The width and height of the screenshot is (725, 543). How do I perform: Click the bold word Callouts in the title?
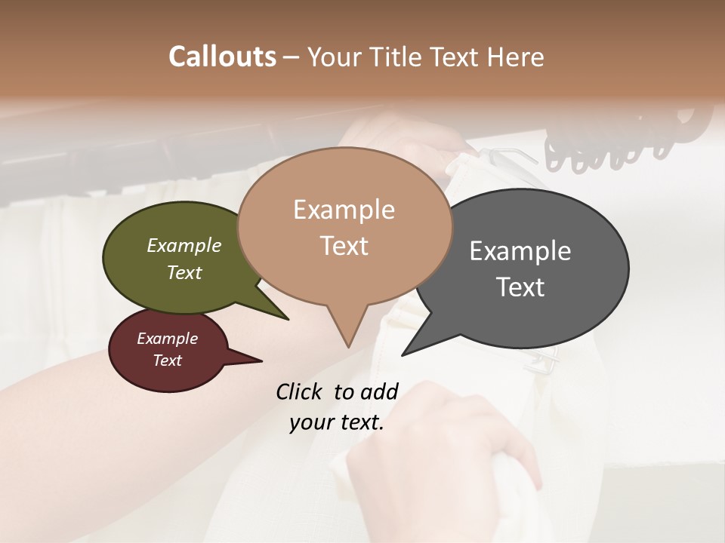coord(222,57)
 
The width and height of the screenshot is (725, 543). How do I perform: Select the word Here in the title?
coord(517,57)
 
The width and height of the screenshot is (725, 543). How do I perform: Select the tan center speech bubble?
coord(344,226)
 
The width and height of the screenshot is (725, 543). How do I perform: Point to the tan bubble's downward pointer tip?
coord(348,346)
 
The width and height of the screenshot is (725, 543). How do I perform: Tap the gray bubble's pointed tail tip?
coord(403,354)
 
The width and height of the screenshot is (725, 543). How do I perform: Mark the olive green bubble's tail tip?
coord(288,319)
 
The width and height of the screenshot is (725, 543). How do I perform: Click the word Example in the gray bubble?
coord(520,251)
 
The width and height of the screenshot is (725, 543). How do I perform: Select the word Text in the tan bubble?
coord(344,246)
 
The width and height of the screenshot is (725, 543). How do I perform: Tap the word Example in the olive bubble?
coord(184,246)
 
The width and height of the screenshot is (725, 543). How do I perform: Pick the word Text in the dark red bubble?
coord(168,360)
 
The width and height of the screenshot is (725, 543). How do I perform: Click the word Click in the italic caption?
coord(300,391)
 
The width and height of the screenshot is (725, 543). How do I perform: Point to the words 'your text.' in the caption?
coord(337,423)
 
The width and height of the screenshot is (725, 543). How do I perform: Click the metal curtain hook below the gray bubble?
coord(545,366)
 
